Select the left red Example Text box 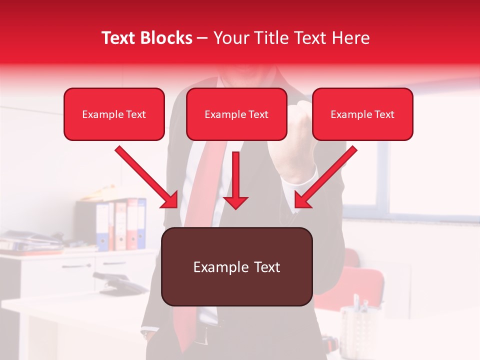pyautogui.click(x=114, y=114)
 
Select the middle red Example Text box pyautogui.click(x=236, y=114)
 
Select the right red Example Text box pyautogui.click(x=362, y=114)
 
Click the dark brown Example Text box pyautogui.click(x=236, y=266)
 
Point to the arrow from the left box pyautogui.click(x=148, y=178)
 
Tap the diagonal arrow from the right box pyautogui.click(x=325, y=178)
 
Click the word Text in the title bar pyautogui.click(x=120, y=38)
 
